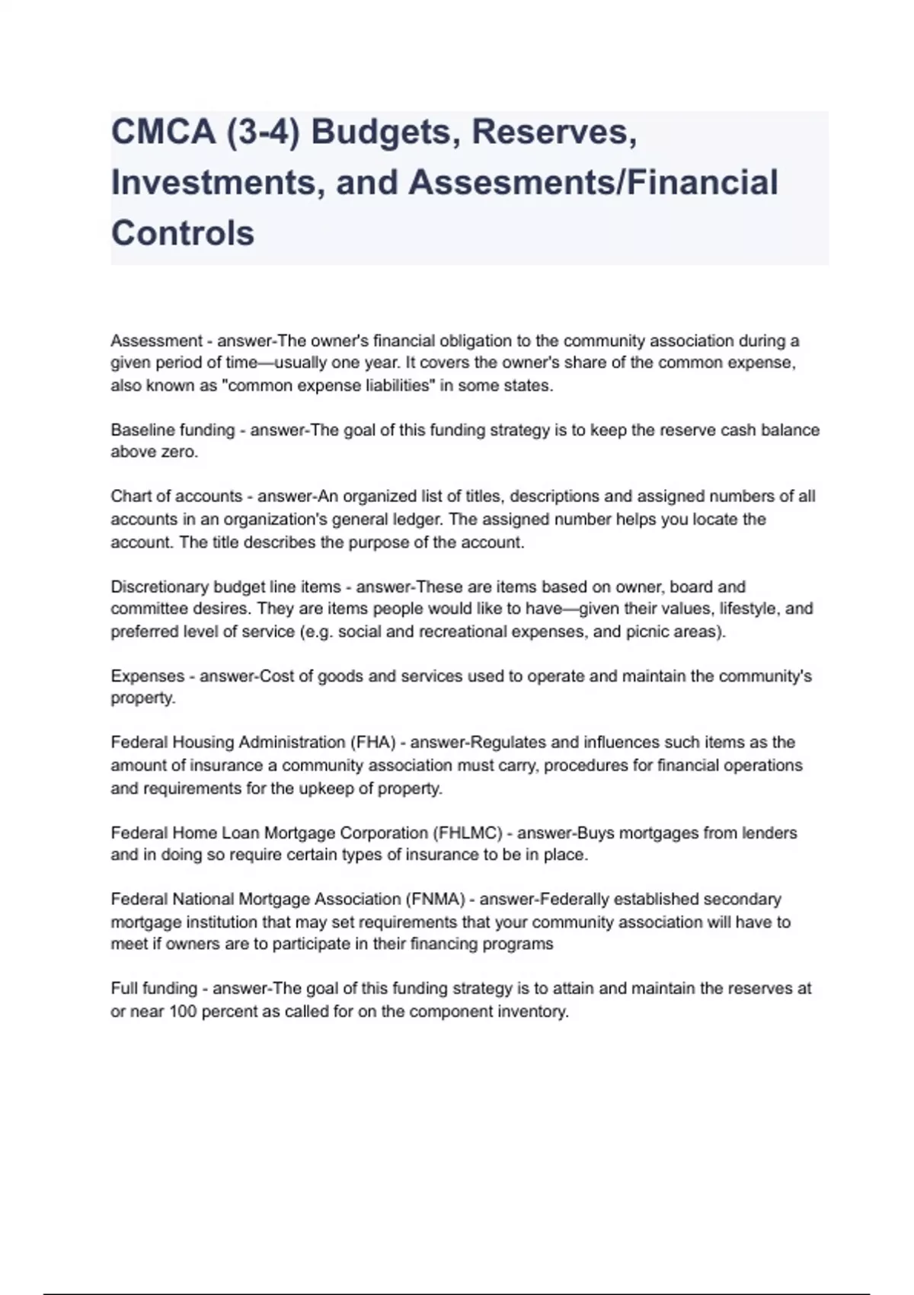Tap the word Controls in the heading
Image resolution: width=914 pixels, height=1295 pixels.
[183, 232]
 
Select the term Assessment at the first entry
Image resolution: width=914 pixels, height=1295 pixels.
[156, 341]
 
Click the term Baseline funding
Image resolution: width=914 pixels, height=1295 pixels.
[173, 430]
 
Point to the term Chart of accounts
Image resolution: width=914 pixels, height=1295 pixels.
[176, 497]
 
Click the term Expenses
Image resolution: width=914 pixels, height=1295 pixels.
[147, 676]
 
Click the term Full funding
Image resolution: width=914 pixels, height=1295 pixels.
[154, 989]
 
